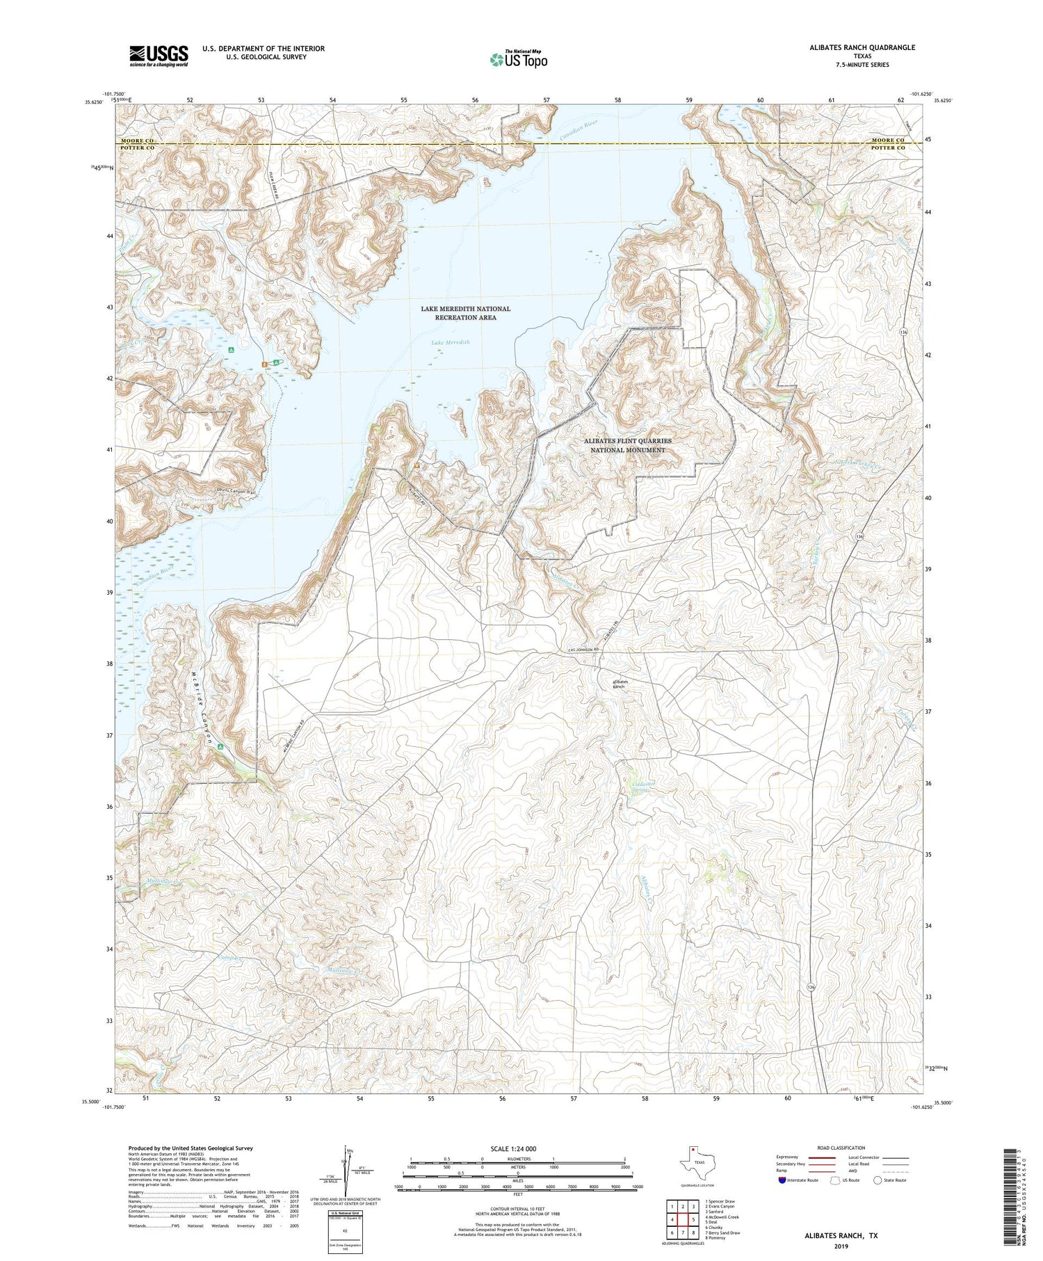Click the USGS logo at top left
(x=159, y=56)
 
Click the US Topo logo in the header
(x=519, y=59)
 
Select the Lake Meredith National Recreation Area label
(x=465, y=313)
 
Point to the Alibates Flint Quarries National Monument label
(x=628, y=445)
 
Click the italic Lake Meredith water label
(x=450, y=342)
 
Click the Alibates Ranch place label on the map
(x=619, y=684)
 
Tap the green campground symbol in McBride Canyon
(x=220, y=746)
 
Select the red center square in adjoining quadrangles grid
(x=683, y=1219)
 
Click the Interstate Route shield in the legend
(x=782, y=1180)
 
